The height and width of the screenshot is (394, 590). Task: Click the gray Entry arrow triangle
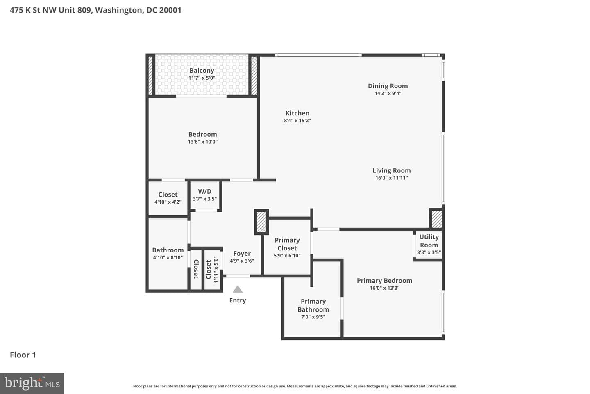point(238,289)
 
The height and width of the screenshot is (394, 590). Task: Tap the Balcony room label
point(202,71)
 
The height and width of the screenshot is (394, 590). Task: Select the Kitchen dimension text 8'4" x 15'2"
point(297,121)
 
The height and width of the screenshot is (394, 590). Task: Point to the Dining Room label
point(388,86)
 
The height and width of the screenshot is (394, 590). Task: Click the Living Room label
point(391,170)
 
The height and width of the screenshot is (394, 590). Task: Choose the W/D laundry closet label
point(205,191)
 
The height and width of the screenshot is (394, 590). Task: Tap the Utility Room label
point(429,241)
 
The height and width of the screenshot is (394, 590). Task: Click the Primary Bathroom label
point(313,305)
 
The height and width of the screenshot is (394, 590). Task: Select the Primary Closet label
point(287,244)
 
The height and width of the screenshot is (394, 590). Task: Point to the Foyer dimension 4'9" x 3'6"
point(242,261)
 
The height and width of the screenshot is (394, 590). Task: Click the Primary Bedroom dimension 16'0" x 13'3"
point(385,288)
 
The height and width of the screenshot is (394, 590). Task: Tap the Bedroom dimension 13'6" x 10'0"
point(202,142)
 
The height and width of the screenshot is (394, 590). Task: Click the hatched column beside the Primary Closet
point(261,222)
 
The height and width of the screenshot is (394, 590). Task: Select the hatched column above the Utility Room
point(437,218)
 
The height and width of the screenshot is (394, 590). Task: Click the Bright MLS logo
point(32,383)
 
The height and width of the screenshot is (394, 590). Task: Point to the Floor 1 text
point(23,355)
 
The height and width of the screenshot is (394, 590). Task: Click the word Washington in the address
point(119,10)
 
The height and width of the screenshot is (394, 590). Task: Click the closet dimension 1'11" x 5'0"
point(216,270)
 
